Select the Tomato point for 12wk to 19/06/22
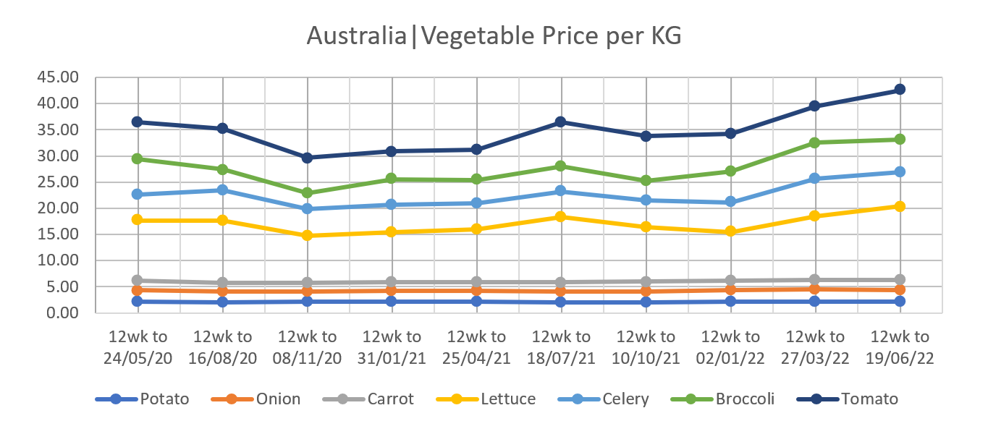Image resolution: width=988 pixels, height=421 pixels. pos(900,90)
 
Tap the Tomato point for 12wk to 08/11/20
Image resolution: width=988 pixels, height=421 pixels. pos(307,158)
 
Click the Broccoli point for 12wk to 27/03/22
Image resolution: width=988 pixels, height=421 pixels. pos(815,143)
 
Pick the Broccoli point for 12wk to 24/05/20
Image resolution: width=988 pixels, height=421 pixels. pos(138,158)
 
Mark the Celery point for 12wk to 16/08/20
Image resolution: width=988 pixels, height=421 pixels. pos(222,190)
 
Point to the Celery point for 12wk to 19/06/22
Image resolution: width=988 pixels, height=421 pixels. pos(900,171)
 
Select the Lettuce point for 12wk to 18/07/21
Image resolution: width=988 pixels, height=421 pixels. pos(561,216)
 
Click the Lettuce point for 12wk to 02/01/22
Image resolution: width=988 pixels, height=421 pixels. pos(730,231)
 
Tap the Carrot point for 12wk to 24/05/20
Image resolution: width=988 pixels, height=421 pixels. pos(138,280)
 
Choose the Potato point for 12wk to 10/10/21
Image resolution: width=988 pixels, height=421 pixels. pos(646,302)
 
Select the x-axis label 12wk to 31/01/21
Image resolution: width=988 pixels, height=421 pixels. pos(392,348)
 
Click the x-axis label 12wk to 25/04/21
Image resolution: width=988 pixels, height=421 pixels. pos(476,348)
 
